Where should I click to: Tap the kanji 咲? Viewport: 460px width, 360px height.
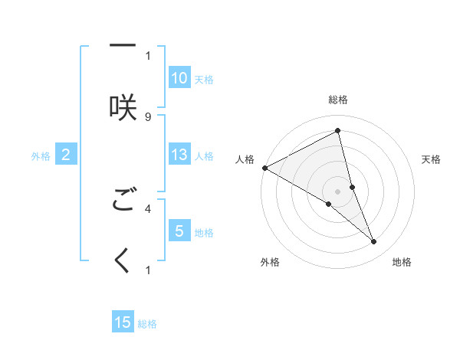click(123, 106)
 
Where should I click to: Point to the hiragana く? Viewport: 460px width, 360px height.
click(123, 261)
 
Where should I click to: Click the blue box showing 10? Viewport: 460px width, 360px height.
click(179, 77)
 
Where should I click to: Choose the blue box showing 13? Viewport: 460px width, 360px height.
click(179, 155)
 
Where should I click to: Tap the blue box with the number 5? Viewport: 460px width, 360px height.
click(179, 231)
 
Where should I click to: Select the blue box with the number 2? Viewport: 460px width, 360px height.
click(66, 155)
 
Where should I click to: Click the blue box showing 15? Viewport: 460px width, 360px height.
click(123, 322)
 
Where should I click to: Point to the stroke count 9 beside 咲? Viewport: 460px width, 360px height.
click(148, 116)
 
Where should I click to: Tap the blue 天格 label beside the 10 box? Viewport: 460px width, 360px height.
click(204, 79)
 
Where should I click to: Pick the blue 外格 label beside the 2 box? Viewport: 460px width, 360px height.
click(41, 156)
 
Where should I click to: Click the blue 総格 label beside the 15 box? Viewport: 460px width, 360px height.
click(147, 324)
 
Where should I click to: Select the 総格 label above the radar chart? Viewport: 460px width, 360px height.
click(338, 100)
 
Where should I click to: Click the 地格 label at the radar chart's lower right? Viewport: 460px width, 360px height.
click(402, 263)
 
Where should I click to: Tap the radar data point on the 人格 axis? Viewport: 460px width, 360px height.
click(264, 168)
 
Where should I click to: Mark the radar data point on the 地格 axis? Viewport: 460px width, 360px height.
click(374, 242)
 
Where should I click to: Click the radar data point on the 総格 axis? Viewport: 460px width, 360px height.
click(338, 132)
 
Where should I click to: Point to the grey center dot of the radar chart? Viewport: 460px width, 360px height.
click(338, 191)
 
